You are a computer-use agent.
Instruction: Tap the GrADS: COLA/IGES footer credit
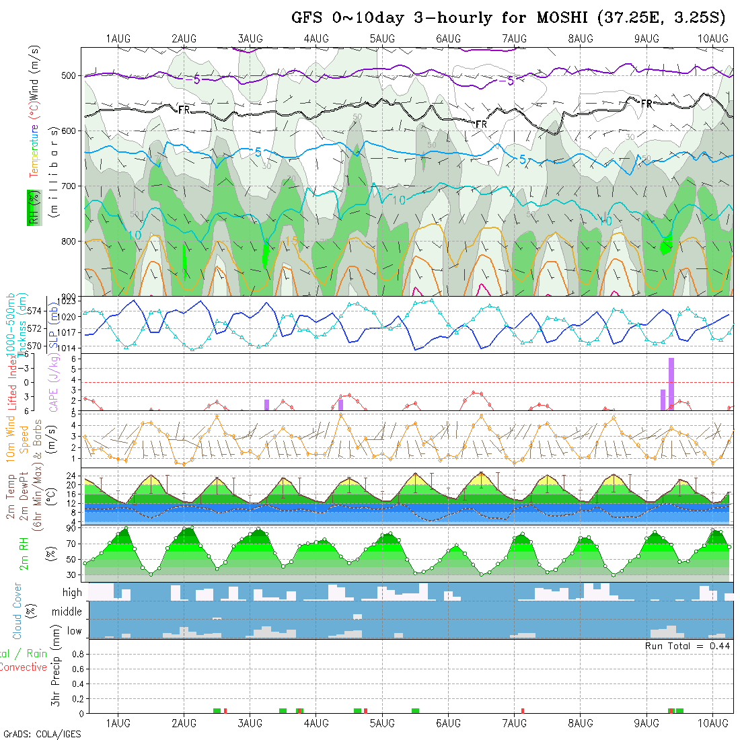pos(42,733)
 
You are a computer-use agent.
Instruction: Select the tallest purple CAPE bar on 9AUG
pos(671,383)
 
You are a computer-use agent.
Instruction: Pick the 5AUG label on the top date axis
pos(382,39)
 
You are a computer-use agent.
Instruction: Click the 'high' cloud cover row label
pos(72,593)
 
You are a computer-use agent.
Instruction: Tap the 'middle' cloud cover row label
pos(67,612)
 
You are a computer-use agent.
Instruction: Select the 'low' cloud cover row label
pos(74,631)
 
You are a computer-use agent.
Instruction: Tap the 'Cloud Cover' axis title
pos(17,611)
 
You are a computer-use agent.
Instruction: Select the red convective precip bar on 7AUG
pos(523,710)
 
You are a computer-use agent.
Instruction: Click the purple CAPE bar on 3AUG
pos(266,404)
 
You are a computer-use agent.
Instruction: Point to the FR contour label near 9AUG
pos(646,104)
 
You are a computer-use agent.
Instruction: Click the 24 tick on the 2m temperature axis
pos(71,474)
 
